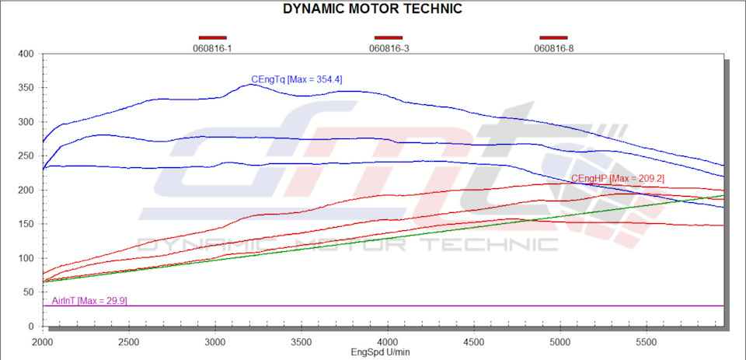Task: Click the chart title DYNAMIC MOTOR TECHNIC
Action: click(x=372, y=9)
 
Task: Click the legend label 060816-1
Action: click(x=212, y=48)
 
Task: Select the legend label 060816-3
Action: click(x=389, y=48)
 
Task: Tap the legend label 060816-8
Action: click(x=554, y=48)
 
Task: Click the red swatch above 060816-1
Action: click(x=212, y=37)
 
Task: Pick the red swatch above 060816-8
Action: click(x=554, y=37)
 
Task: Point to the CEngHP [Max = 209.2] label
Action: click(x=617, y=179)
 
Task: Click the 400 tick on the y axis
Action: click(x=27, y=54)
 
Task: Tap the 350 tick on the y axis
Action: click(x=27, y=89)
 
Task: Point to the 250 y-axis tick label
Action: click(x=27, y=156)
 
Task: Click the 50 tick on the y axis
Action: click(x=30, y=292)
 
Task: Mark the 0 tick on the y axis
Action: click(x=33, y=327)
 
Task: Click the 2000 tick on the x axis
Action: click(x=44, y=342)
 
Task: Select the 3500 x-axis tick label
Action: click(x=302, y=342)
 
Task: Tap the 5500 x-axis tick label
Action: click(x=647, y=342)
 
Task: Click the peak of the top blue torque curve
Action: click(x=251, y=84)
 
